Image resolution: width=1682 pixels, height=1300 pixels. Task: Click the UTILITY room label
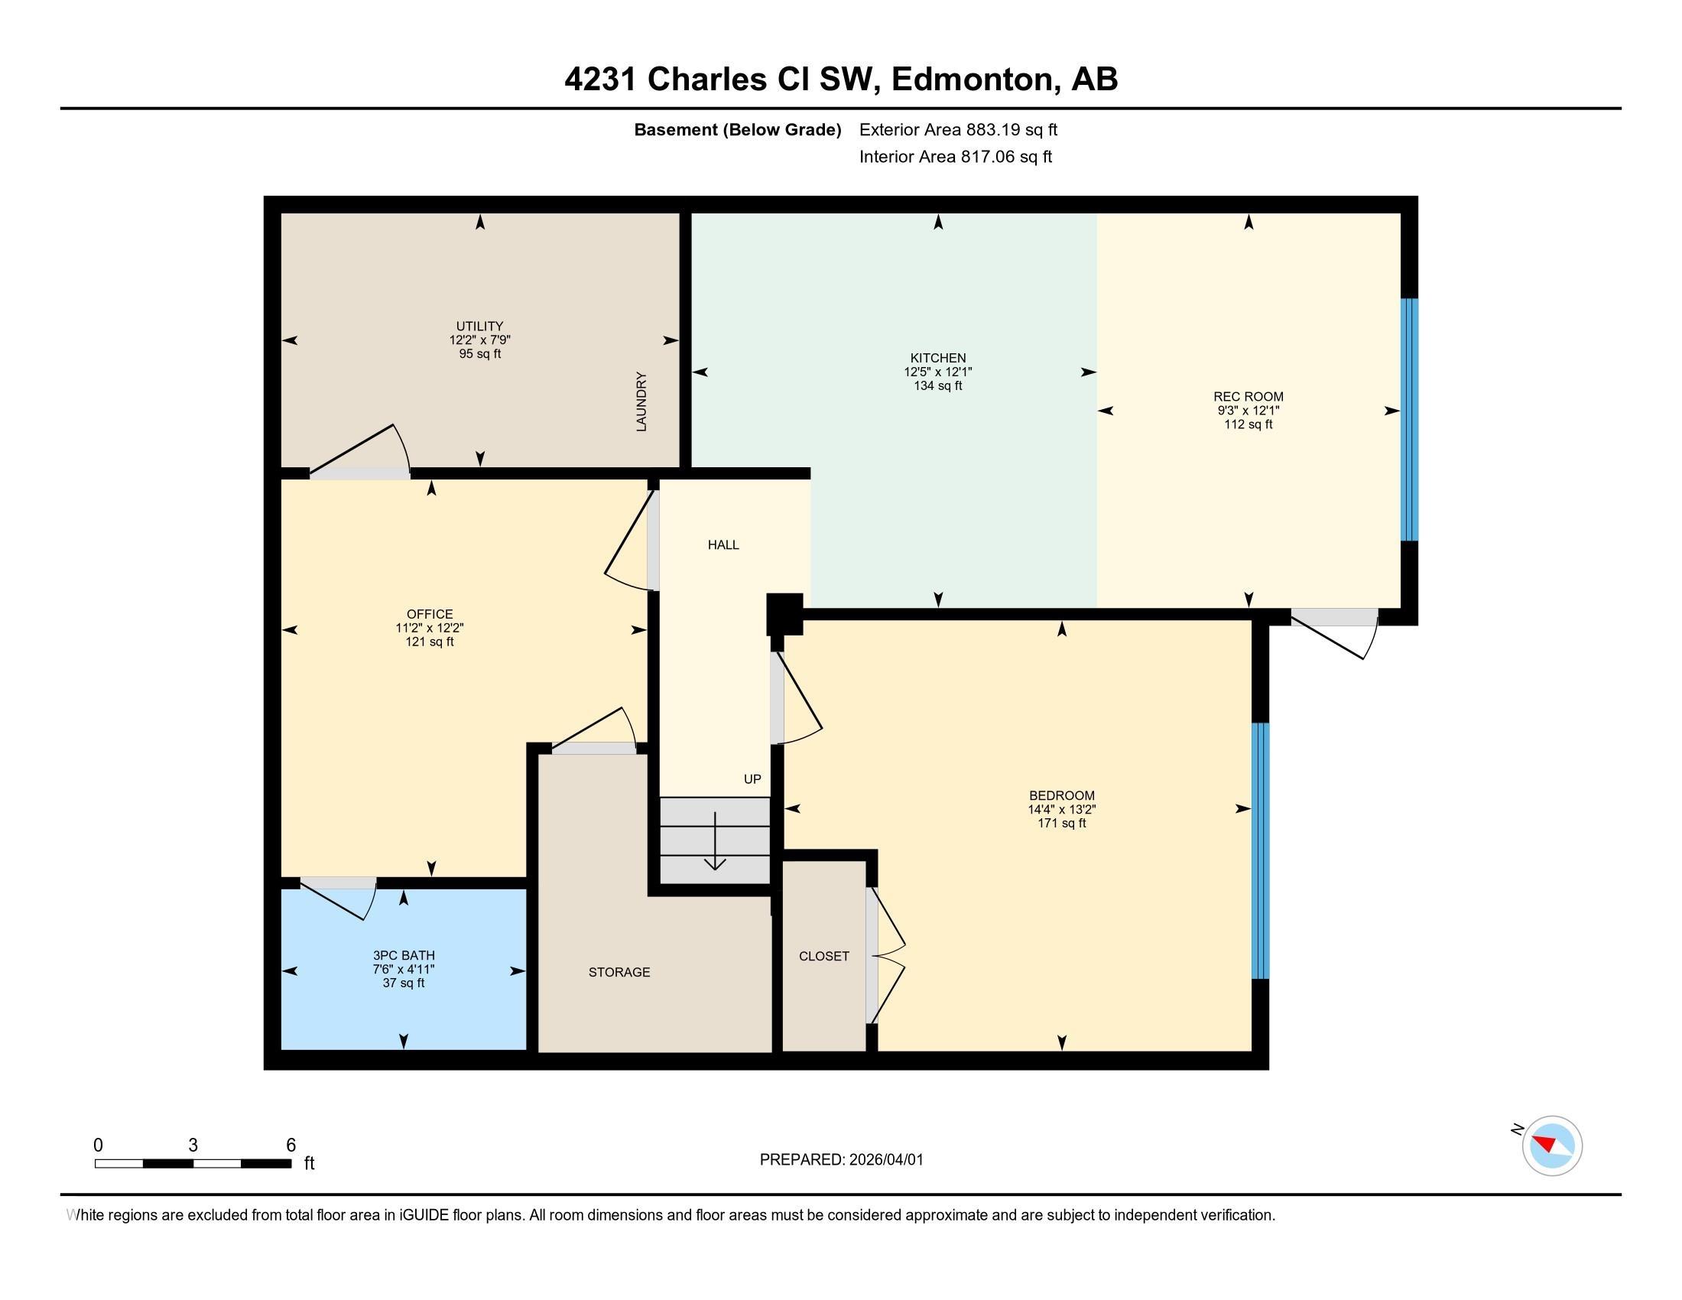(x=479, y=326)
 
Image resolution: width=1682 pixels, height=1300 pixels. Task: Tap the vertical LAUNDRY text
(x=641, y=401)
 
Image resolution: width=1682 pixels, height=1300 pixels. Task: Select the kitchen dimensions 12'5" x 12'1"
(x=937, y=372)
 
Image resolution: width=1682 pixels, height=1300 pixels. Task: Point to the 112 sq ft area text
(x=1248, y=424)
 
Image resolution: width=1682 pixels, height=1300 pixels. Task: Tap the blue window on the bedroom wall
(x=1259, y=850)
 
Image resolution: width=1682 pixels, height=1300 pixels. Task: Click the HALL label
(x=723, y=545)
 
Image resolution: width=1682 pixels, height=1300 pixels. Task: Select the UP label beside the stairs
(x=752, y=779)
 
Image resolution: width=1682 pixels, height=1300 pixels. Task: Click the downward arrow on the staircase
(x=716, y=843)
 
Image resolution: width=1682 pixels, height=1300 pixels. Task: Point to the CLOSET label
(x=823, y=956)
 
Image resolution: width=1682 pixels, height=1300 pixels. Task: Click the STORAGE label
(x=619, y=972)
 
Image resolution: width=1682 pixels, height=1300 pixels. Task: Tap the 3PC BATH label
(x=404, y=956)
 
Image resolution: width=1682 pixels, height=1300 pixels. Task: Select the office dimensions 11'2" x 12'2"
(x=429, y=628)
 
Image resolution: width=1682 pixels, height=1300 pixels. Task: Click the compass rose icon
(x=1551, y=1146)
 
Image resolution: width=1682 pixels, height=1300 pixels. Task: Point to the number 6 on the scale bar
(x=291, y=1146)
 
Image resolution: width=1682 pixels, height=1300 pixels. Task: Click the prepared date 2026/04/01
(x=885, y=1160)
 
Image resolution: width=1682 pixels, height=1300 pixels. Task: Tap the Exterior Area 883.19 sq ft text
(x=958, y=129)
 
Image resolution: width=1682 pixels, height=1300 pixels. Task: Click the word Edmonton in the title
(x=972, y=80)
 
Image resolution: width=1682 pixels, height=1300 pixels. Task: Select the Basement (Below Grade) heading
(x=737, y=129)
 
